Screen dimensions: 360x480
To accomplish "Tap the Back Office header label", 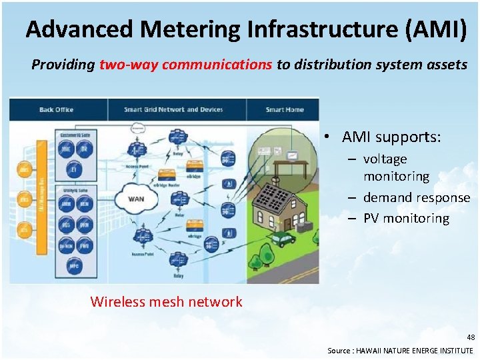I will [x=56, y=109].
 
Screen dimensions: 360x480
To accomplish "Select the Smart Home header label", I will [x=284, y=109].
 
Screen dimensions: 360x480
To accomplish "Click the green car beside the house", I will [x=283, y=237].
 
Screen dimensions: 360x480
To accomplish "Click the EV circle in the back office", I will [x=75, y=171].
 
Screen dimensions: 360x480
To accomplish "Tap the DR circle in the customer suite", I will [x=85, y=151].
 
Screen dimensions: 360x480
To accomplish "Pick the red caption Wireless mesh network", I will [x=166, y=301].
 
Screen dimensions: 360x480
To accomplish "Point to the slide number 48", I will [x=470, y=337].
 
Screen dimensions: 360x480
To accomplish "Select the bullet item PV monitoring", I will [x=406, y=218].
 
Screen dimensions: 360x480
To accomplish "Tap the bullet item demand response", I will [x=417, y=197].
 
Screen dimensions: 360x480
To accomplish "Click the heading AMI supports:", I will [x=391, y=137].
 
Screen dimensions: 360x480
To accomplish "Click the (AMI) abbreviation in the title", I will [x=434, y=29].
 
